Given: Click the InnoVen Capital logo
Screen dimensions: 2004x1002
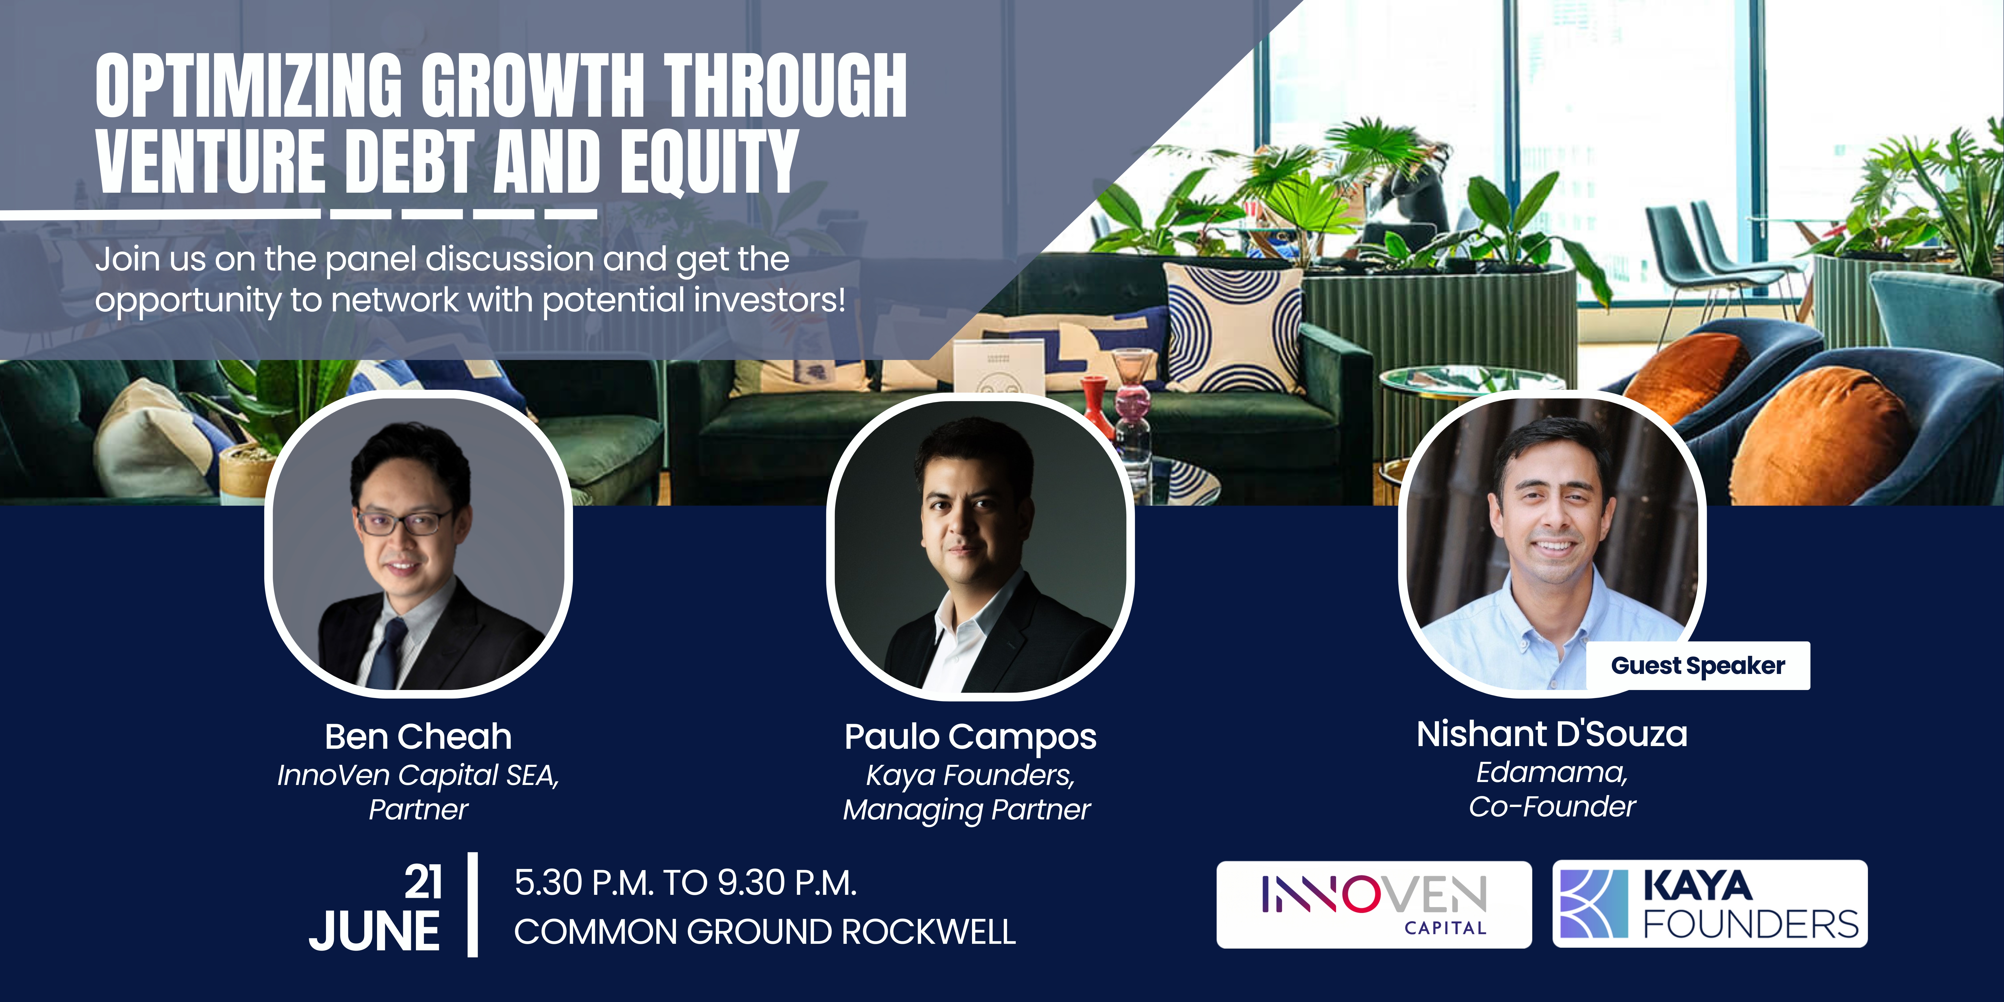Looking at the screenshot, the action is pyautogui.click(x=1374, y=904).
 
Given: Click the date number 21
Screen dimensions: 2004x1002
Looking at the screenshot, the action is pyautogui.click(x=422, y=882).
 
